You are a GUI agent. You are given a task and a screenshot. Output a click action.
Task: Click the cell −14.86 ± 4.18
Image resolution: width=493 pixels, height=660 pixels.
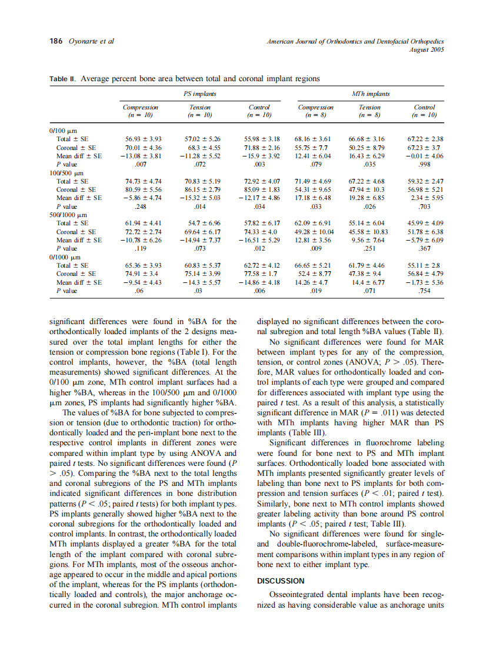[x=259, y=282]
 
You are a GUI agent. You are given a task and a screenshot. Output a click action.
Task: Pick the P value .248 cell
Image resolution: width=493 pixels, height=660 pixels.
[x=140, y=206]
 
